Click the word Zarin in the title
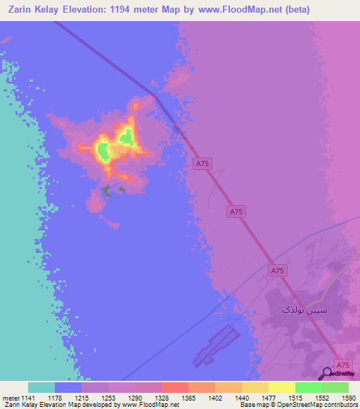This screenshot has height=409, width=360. click(x=22, y=11)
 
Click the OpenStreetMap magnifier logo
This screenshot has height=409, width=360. click(x=328, y=373)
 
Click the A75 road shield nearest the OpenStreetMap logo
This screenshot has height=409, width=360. click(x=342, y=365)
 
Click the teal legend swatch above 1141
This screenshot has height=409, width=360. click(x=41, y=387)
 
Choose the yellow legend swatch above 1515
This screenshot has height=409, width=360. click(x=281, y=387)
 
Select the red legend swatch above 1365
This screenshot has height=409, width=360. click(x=174, y=387)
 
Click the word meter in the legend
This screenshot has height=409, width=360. click(x=11, y=397)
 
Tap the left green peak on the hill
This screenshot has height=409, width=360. click(x=103, y=150)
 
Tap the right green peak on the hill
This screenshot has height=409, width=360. click(x=127, y=136)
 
